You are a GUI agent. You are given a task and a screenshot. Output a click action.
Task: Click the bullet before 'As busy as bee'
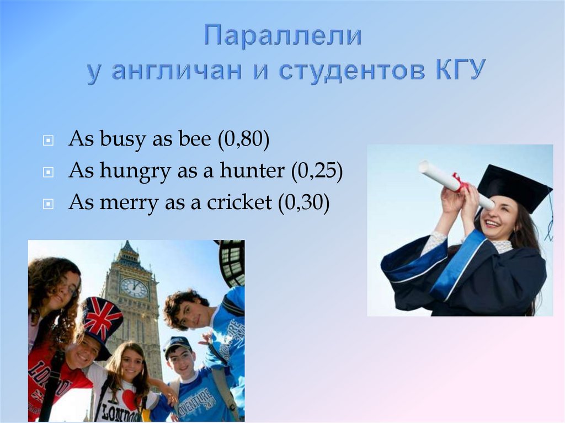[x=49, y=141]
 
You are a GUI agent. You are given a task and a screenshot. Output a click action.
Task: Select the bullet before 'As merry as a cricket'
[x=49, y=204]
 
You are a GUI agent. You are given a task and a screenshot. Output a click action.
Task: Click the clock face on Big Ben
[x=134, y=287]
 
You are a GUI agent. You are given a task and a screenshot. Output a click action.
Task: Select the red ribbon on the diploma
[x=460, y=183]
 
